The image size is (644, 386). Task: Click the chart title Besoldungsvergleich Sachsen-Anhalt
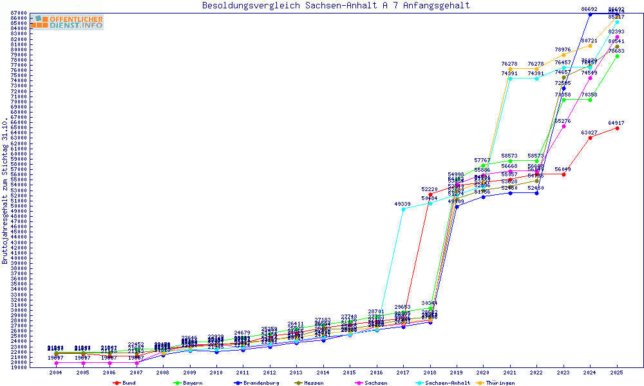pyautogui.click(x=336, y=6)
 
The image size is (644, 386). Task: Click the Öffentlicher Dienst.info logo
pyautogui.click(x=67, y=23)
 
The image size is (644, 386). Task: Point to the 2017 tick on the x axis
pyautogui.click(x=403, y=372)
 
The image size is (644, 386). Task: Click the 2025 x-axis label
pyautogui.click(x=617, y=372)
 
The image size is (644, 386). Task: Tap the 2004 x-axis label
pyautogui.click(x=56, y=372)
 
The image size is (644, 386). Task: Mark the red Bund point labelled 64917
pyautogui.click(x=617, y=128)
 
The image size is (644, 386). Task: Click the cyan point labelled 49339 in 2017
pyautogui.click(x=403, y=209)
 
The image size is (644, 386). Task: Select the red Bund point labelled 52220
pyautogui.click(x=430, y=194)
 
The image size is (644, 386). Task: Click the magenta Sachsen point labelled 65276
pyautogui.click(x=563, y=126)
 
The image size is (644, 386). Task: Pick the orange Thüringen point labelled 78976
pyautogui.click(x=563, y=55)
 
